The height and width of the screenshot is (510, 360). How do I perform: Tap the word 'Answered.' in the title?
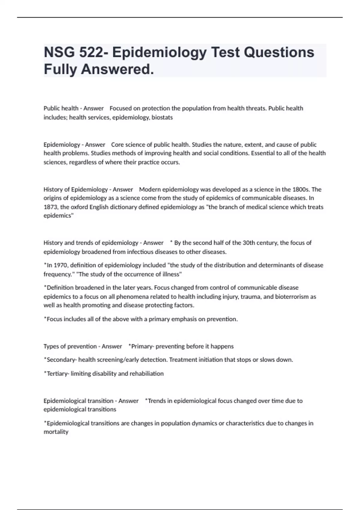tap(117, 69)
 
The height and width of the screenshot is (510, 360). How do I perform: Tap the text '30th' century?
tap(248, 243)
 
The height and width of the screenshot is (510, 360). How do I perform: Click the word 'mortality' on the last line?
tap(56, 432)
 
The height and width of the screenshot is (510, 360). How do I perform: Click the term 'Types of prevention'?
tap(70, 346)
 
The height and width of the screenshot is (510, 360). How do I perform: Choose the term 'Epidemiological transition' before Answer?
tap(78, 401)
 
